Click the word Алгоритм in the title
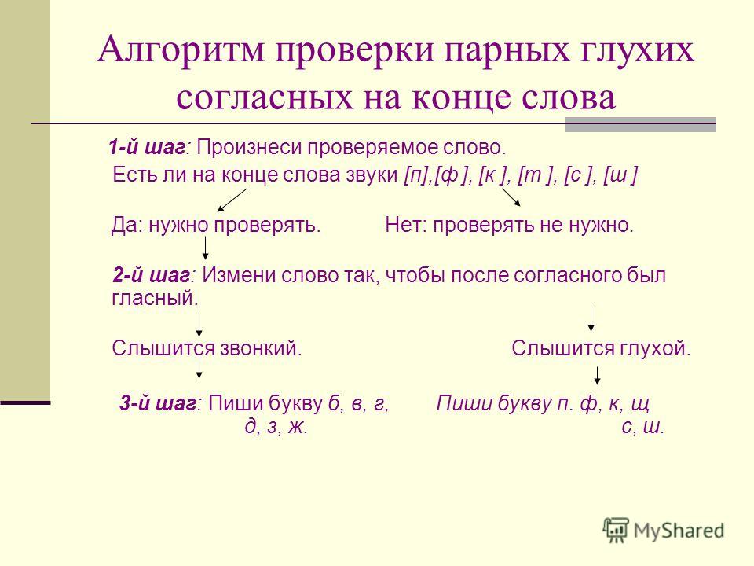click(x=181, y=49)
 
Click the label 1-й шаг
click(x=147, y=147)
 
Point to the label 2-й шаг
click(x=152, y=275)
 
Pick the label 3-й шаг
click(x=158, y=403)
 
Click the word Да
click(x=125, y=225)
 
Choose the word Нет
click(x=403, y=225)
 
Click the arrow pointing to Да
click(x=232, y=200)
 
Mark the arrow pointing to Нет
click(x=511, y=197)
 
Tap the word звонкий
click(x=261, y=348)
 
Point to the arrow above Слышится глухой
click(x=591, y=319)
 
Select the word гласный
click(x=155, y=299)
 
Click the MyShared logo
click(x=664, y=531)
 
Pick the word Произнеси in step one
click(x=249, y=147)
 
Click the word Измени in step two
click(x=238, y=275)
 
